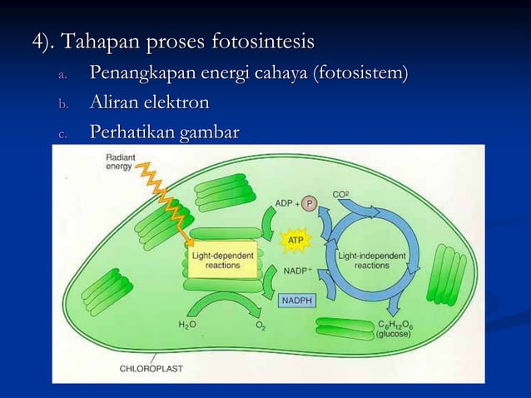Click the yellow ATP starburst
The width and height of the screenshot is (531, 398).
(x=295, y=241)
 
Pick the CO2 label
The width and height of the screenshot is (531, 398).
(x=341, y=194)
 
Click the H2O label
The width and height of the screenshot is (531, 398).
(x=187, y=325)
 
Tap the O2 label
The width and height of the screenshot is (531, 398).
(x=261, y=326)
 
